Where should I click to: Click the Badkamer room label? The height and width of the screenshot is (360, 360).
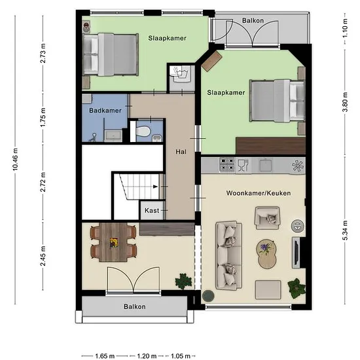point(105,111)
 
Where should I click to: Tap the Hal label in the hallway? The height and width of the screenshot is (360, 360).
point(181,152)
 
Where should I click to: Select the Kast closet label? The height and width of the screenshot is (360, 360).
point(152,210)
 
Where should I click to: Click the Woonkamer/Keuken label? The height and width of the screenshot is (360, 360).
point(259,193)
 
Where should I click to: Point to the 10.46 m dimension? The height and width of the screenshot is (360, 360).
point(15,159)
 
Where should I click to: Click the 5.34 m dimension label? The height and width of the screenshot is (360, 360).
point(345,230)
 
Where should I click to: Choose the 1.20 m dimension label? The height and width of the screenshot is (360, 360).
point(147,356)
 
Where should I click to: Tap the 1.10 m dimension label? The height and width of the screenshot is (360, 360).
point(345,28)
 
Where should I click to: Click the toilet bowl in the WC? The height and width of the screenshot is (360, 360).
point(143,131)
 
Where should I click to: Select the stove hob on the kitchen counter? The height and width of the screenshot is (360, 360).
point(227,164)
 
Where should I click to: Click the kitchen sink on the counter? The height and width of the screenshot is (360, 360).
point(266,165)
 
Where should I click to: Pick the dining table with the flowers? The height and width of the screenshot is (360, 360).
point(113,242)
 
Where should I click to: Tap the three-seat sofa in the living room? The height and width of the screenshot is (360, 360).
point(228,255)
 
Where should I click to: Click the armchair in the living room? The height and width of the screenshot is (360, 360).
point(268,218)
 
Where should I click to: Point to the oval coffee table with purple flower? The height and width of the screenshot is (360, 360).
point(266,254)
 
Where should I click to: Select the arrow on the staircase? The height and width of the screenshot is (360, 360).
point(155,187)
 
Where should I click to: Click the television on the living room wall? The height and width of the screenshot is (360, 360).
point(296,253)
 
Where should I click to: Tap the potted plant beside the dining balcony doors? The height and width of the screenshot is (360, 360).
point(183,281)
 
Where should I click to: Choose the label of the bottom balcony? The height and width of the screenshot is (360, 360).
point(135,306)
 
